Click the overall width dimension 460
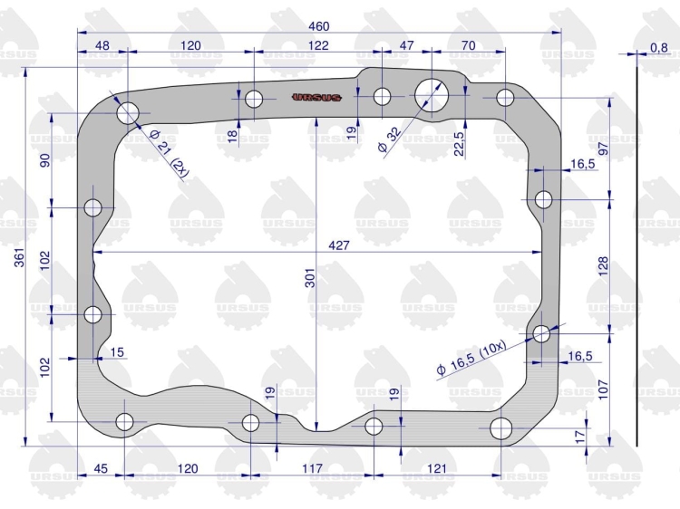[319, 26]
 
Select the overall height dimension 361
[20, 257]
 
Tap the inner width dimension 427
[339, 245]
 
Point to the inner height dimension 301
[309, 278]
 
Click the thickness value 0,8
[659, 47]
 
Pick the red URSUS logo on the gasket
[317, 98]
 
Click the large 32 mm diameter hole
[431, 95]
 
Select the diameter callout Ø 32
[390, 139]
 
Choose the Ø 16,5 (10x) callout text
[471, 358]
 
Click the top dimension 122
[318, 45]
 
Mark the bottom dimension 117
[312, 468]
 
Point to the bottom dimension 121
[437, 468]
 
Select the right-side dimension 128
[603, 266]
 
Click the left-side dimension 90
[45, 160]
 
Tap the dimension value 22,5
[459, 143]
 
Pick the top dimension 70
[469, 45]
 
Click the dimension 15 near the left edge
[117, 352]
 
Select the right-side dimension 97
[603, 149]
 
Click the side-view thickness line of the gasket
[637, 256]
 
